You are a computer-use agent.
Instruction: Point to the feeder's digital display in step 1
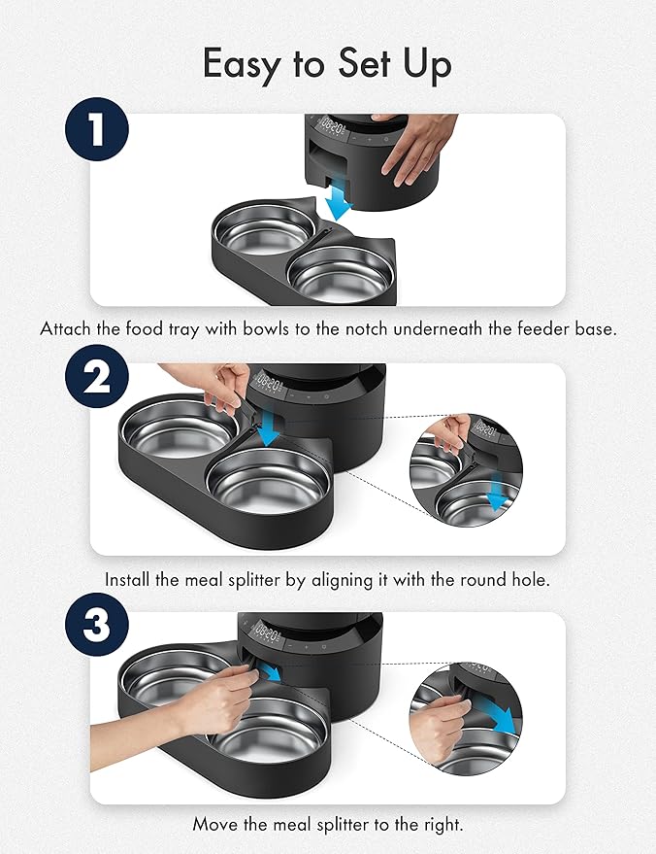point(338,129)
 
